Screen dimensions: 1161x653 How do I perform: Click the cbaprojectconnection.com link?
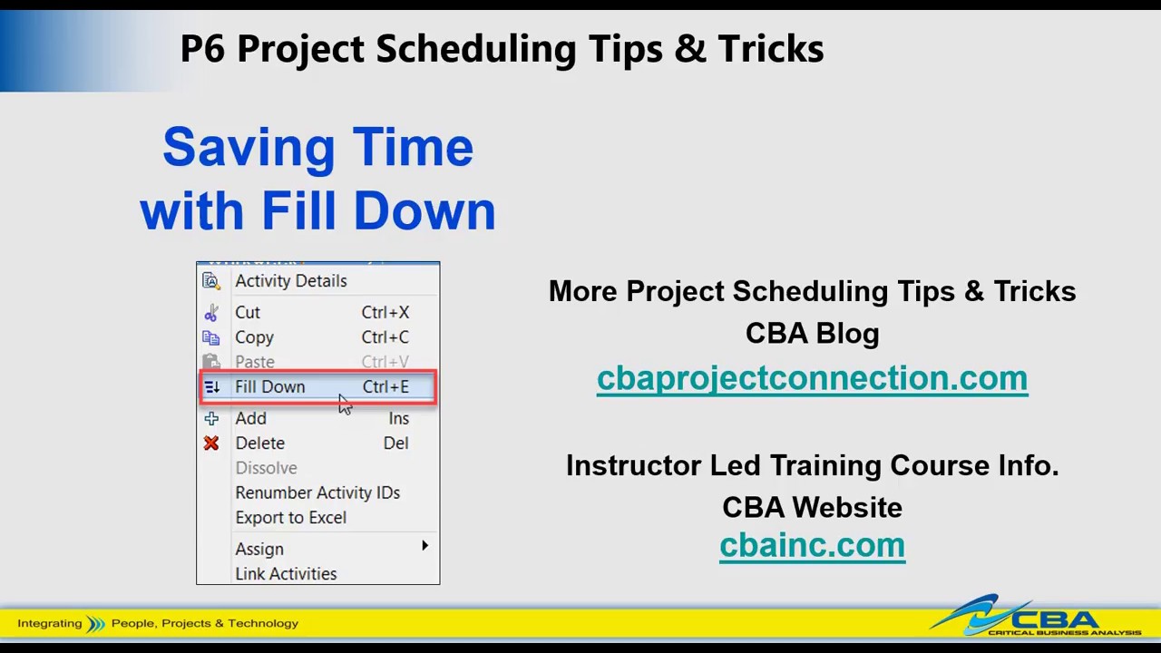click(x=812, y=378)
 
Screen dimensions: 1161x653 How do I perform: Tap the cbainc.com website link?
click(x=812, y=545)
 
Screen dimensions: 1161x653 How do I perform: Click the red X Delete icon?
click(x=211, y=443)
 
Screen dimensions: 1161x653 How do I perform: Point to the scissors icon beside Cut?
click(x=211, y=313)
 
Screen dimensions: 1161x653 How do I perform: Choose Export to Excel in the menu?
click(x=291, y=517)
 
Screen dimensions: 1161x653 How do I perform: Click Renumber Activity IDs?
click(x=317, y=492)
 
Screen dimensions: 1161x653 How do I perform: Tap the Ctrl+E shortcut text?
click(x=385, y=386)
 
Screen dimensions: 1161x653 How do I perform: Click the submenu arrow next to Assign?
click(x=425, y=545)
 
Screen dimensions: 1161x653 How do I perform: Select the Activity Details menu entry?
click(x=291, y=281)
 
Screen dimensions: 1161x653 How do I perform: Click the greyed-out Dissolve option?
click(x=267, y=467)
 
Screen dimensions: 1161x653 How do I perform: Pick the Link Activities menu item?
click(x=286, y=574)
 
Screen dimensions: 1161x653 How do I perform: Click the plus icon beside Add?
click(x=211, y=418)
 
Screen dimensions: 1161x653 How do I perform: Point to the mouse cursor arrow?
click(x=344, y=404)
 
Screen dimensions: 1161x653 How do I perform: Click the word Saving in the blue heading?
click(x=249, y=148)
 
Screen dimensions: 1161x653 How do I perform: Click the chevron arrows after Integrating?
click(x=96, y=624)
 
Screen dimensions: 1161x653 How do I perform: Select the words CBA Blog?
click(x=812, y=333)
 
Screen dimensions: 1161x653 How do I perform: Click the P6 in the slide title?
click(x=202, y=49)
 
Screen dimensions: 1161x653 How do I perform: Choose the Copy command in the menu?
click(x=254, y=337)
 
